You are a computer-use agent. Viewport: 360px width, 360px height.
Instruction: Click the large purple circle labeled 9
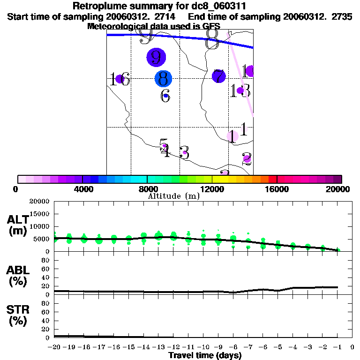[156, 57]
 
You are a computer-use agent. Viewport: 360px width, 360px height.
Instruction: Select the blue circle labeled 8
[163, 78]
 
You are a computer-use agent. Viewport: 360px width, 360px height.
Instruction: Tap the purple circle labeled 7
[218, 75]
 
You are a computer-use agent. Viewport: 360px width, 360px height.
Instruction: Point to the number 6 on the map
[165, 97]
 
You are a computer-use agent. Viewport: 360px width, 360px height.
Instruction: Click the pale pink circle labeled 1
[232, 136]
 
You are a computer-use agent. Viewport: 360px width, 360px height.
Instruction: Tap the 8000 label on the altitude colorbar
[147, 189]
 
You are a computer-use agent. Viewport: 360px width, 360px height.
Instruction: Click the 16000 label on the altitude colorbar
[277, 189]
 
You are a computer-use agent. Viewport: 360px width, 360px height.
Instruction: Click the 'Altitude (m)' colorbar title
[173, 196]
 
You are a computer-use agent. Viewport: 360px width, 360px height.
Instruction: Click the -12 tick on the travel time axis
[172, 347]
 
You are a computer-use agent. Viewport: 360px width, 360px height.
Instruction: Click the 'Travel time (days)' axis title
[205, 355]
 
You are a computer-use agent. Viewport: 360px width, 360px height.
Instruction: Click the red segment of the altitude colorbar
[272, 179]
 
